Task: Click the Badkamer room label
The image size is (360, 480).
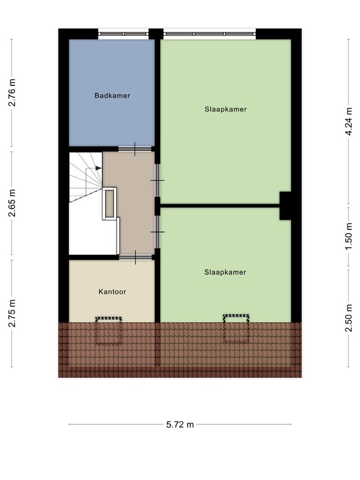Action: (x=113, y=96)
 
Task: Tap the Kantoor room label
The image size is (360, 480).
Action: (x=111, y=292)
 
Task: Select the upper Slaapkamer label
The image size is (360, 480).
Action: (x=225, y=109)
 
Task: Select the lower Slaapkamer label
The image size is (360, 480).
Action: (x=225, y=272)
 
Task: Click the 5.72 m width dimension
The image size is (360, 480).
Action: (x=179, y=425)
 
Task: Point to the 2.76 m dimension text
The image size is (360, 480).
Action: (x=12, y=93)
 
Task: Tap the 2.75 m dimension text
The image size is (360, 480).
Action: (x=12, y=314)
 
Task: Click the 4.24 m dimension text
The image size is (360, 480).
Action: (x=349, y=121)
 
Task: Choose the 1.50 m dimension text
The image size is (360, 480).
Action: (x=349, y=237)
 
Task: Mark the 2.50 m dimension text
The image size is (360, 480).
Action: (x=349, y=318)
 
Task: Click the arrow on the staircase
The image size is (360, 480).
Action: (x=98, y=168)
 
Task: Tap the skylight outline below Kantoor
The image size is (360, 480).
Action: (x=109, y=331)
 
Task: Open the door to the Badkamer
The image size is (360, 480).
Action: (x=134, y=149)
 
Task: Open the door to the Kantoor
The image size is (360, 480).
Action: (x=134, y=258)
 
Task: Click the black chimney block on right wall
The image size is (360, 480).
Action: (x=285, y=205)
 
